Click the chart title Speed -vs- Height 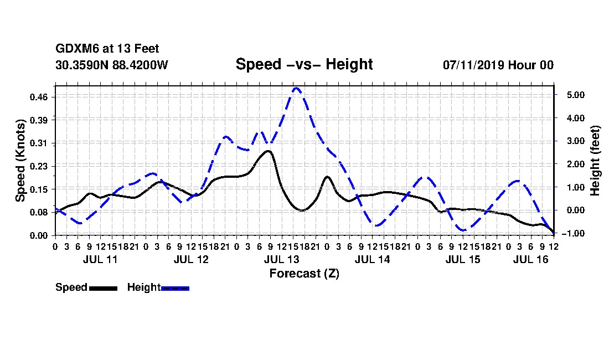click(x=304, y=64)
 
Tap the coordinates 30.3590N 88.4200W click(x=112, y=65)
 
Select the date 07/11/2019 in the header click(x=473, y=65)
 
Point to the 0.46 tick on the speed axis click(x=38, y=97)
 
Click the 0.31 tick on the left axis click(x=38, y=143)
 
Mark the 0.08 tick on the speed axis click(x=38, y=213)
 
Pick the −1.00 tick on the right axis click(x=573, y=233)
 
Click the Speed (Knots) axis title click(x=20, y=161)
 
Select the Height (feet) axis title click(x=595, y=161)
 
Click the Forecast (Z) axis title click(x=304, y=274)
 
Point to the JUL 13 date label click(x=282, y=259)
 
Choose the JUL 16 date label click(x=530, y=259)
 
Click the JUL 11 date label click(x=100, y=259)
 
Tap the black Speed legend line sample click(x=104, y=288)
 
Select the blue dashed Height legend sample click(x=175, y=288)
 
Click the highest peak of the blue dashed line click(x=296, y=88)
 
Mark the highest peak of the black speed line click(x=267, y=151)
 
